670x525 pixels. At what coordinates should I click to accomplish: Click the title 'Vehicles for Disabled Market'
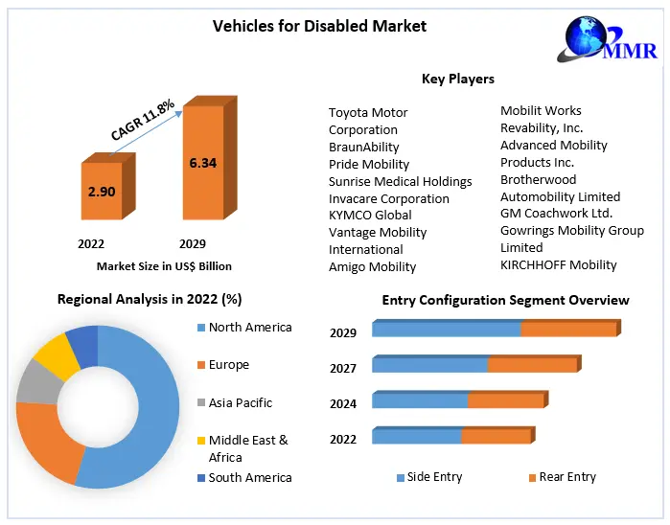pyautogui.click(x=319, y=26)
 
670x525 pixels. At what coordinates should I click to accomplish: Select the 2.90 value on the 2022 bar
pyautogui.click(x=102, y=192)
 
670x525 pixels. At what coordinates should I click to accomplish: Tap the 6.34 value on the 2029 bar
pyautogui.click(x=203, y=163)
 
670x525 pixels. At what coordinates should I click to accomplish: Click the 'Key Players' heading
pyautogui.click(x=457, y=79)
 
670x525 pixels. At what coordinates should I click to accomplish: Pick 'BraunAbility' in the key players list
pyautogui.click(x=363, y=147)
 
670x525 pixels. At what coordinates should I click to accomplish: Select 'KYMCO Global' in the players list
pyautogui.click(x=370, y=215)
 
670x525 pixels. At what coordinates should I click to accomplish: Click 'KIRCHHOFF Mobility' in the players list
pyautogui.click(x=558, y=264)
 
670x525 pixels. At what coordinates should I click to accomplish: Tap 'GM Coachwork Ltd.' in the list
pyautogui.click(x=556, y=213)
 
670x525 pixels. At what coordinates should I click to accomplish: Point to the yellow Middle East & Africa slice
pyautogui.click(x=56, y=354)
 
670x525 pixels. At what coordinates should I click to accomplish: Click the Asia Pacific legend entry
pyautogui.click(x=240, y=402)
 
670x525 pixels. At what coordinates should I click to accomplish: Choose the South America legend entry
pyautogui.click(x=249, y=477)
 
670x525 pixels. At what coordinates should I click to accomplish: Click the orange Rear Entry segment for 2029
pyautogui.click(x=567, y=330)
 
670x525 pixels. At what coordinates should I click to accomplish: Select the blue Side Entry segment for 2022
pyautogui.click(x=416, y=436)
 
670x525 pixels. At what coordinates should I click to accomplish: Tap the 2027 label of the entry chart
pyautogui.click(x=343, y=368)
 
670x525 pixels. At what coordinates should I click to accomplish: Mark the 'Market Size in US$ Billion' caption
pyautogui.click(x=164, y=266)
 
